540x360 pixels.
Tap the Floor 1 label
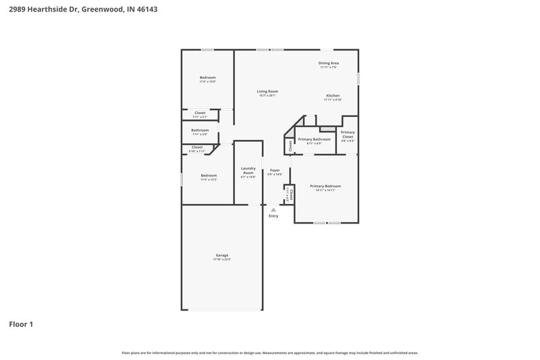(20, 324)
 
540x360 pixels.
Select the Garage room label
(222, 255)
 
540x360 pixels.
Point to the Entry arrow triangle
(273, 210)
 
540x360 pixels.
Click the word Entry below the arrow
(273, 216)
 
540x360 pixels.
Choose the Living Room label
(267, 91)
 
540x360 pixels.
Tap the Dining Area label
(329, 63)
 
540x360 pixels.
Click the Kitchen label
(333, 95)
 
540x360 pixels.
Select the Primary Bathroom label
(315, 139)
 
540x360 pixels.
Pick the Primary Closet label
(348, 134)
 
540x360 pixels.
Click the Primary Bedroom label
(325, 186)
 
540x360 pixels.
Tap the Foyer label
(275, 170)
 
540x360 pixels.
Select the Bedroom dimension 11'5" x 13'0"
(207, 82)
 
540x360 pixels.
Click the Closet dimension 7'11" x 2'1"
(200, 117)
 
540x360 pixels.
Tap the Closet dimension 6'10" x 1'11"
(197, 151)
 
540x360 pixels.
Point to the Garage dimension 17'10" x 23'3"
(222, 260)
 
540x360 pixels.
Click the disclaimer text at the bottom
(270, 353)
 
